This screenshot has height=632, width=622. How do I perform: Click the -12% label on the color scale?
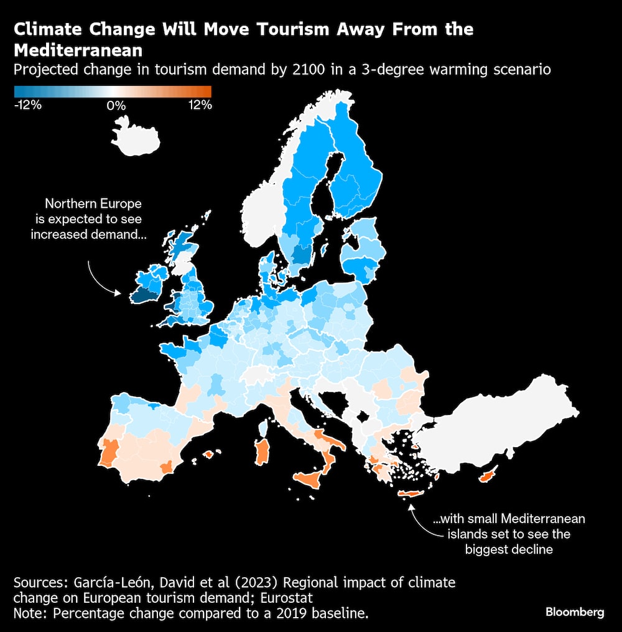tap(28, 105)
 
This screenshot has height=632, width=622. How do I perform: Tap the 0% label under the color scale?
tap(116, 105)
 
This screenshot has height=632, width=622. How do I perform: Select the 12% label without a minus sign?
tap(200, 105)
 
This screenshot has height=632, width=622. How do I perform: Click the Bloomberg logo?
tap(575, 612)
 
